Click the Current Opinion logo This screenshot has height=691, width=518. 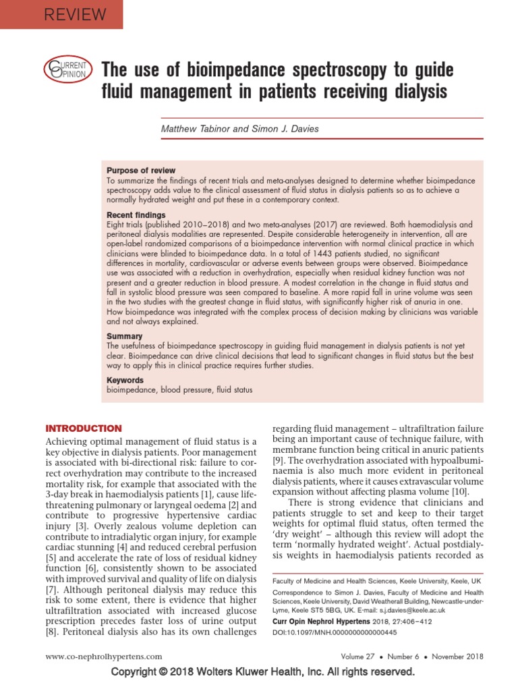pos(66,70)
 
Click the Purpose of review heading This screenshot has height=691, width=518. pos(141,171)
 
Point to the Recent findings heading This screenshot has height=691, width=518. pos(136,215)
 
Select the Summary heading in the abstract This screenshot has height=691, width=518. pos(124,336)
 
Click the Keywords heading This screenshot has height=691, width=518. pos(125,380)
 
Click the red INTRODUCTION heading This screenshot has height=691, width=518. pos(83,429)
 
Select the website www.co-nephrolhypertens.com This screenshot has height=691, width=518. pos(103,656)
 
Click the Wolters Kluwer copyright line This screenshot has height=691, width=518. pos(262,672)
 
